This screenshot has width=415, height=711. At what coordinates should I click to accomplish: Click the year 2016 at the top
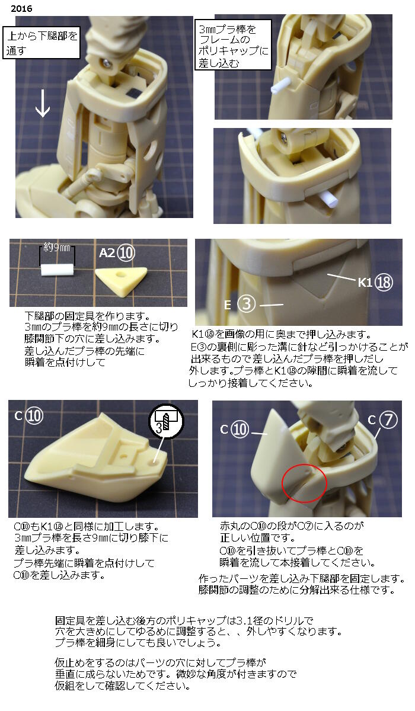[21, 8]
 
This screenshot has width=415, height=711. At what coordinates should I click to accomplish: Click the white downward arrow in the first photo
[42, 103]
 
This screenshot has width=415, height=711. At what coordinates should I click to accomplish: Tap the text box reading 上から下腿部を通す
[41, 43]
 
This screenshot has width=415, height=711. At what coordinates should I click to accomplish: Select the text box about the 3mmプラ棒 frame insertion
[233, 45]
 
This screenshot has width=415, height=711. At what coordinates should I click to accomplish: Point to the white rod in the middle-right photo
[327, 197]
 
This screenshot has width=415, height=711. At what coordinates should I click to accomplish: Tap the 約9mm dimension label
[56, 247]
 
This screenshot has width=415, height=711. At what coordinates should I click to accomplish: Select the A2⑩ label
[117, 253]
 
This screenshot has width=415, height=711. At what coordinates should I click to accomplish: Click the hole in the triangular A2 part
[122, 274]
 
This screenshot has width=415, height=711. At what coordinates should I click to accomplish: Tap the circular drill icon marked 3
[167, 421]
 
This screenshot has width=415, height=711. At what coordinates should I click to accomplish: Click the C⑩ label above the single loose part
[28, 416]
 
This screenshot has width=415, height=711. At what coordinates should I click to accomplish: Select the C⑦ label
[381, 419]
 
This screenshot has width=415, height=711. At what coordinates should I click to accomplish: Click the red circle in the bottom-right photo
[304, 483]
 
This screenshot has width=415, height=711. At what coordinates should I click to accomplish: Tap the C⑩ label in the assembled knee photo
[234, 430]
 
